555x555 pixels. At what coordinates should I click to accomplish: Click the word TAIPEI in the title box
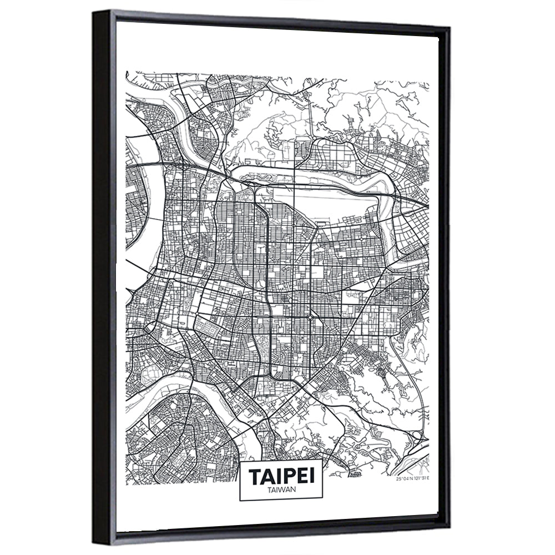(x=280, y=477)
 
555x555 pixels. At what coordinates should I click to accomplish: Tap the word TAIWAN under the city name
(x=280, y=490)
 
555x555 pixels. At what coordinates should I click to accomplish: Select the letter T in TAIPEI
(x=254, y=477)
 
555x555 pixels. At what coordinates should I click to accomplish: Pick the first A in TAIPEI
(x=266, y=477)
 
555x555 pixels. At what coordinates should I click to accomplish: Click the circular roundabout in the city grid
(x=310, y=318)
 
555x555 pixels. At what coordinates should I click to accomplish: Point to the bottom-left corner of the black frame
(x=98, y=547)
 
